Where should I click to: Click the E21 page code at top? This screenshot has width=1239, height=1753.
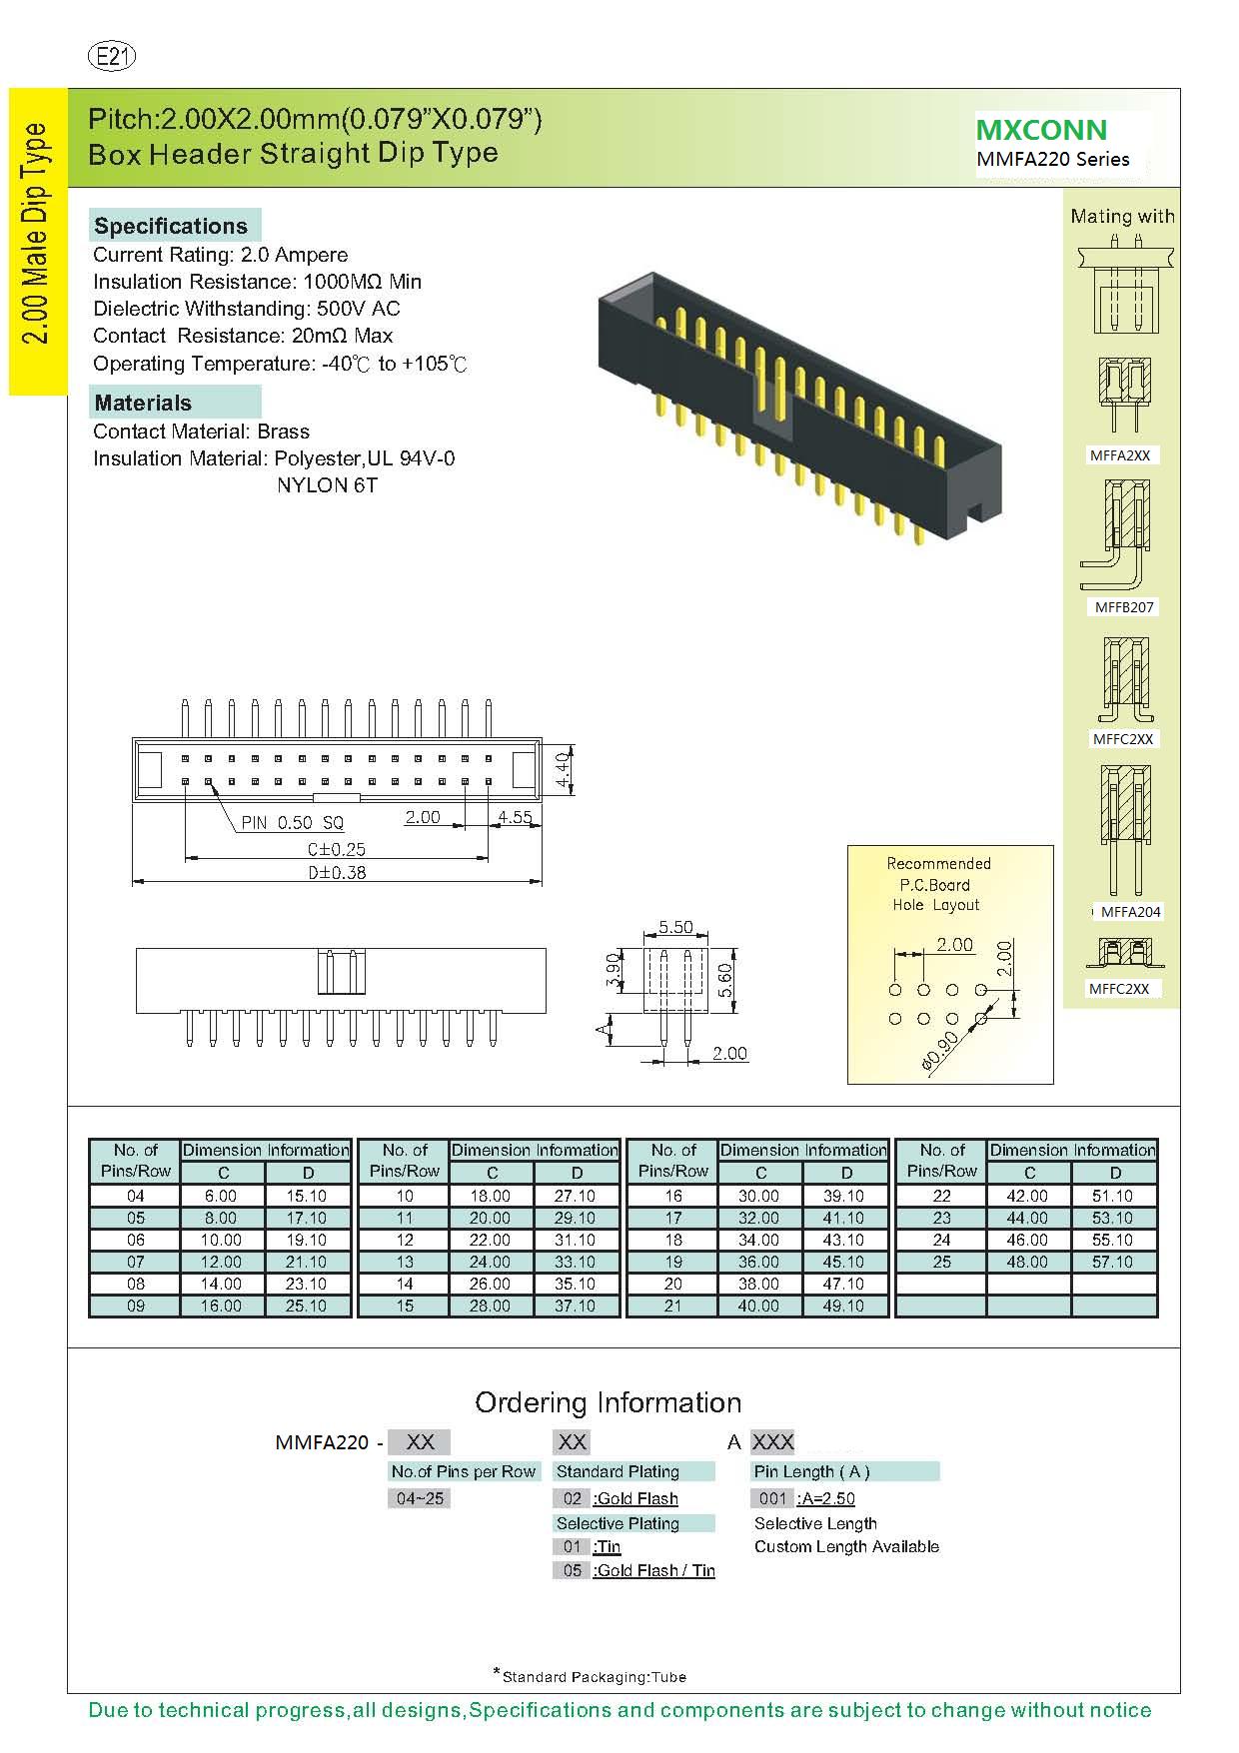[112, 57]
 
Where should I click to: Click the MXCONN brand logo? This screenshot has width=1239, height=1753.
[1041, 130]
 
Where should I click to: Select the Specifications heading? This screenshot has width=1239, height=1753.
[171, 226]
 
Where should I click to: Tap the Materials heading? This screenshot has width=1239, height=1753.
[143, 403]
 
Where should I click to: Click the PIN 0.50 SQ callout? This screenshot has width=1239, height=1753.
[292, 822]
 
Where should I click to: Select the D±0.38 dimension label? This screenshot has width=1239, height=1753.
[337, 872]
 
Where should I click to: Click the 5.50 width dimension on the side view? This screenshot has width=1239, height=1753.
[675, 927]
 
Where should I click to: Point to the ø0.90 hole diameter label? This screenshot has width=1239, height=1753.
[940, 1051]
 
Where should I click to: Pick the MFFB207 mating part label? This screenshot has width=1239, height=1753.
[1124, 606]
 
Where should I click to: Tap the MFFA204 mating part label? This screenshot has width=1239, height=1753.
[1130, 911]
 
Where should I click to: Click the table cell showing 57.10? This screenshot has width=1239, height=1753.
[1112, 1262]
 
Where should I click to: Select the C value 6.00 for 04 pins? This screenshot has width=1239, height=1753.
[221, 1196]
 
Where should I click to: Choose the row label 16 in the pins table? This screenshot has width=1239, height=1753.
[673, 1196]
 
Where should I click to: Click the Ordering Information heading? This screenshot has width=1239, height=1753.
[608, 1402]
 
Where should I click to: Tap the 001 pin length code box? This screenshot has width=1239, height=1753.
[772, 1498]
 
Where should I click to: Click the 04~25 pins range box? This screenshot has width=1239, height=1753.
[420, 1498]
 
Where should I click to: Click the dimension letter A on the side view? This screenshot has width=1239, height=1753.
[603, 1029]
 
